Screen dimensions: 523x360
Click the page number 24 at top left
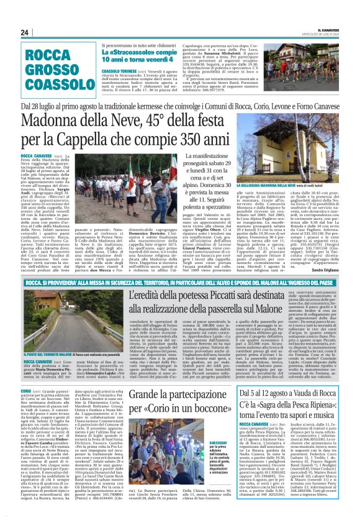pos(24,33)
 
